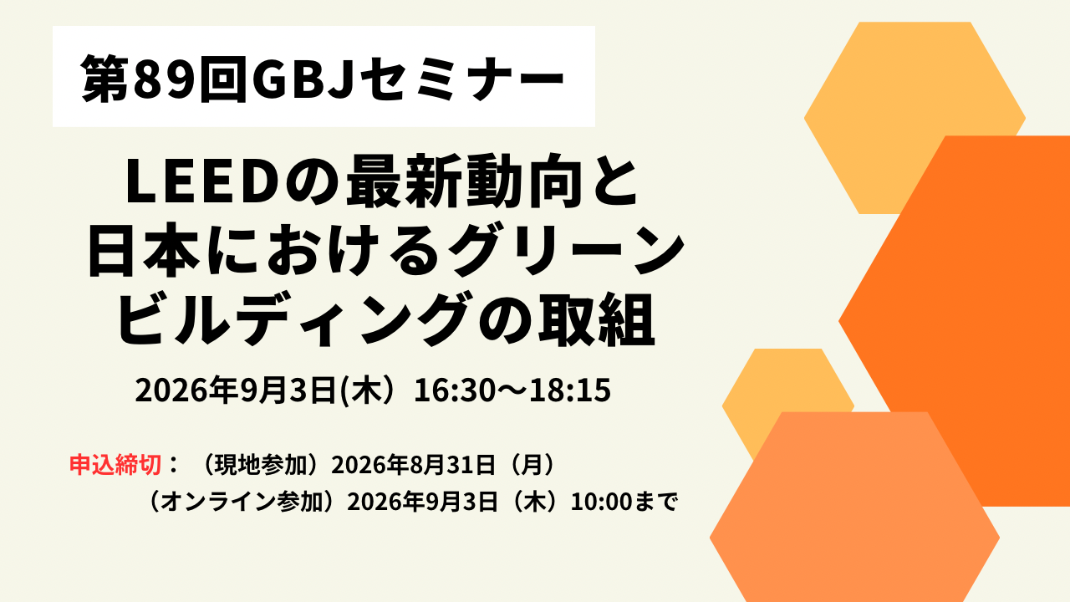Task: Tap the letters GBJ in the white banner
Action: (x=299, y=78)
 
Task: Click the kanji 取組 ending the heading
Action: (x=597, y=319)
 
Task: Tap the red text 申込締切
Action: (x=115, y=464)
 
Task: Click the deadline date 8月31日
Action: (x=452, y=464)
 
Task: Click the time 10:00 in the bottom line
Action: (x=596, y=503)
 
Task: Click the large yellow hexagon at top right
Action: (x=915, y=118)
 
